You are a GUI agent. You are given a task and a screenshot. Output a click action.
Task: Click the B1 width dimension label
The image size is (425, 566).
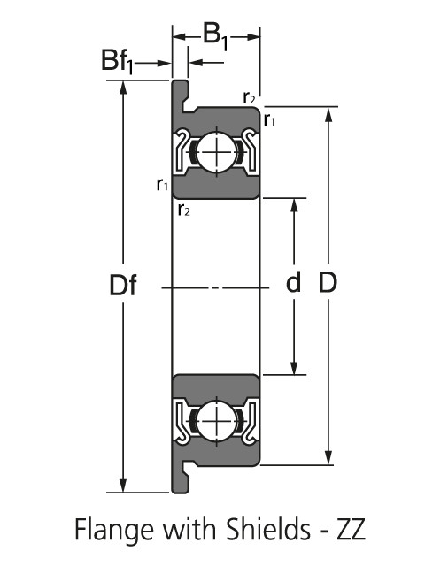[216, 36]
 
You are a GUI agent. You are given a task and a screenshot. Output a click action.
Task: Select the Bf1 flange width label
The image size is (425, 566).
[117, 61]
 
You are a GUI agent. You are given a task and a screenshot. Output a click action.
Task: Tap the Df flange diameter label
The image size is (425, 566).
[123, 285]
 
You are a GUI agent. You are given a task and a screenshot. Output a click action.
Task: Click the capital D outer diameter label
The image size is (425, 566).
[328, 282]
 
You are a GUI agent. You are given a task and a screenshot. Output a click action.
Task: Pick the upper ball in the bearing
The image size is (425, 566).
[217, 152]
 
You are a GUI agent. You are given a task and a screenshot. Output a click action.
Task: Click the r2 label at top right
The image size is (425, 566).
[250, 97]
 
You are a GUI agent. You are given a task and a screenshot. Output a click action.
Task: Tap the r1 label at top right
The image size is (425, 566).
[269, 119]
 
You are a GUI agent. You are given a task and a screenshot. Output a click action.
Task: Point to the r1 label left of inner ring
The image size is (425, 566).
[162, 185]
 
